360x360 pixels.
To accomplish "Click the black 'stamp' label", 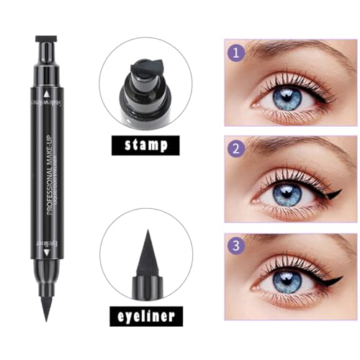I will pyautogui.click(x=146, y=145).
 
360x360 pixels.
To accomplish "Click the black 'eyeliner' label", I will pyautogui.click(x=146, y=316).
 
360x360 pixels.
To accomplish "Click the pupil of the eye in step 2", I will pyautogui.click(x=288, y=193).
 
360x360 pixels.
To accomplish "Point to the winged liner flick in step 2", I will pyautogui.click(x=332, y=192).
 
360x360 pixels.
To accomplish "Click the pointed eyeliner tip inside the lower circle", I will pyautogui.click(x=146, y=256).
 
